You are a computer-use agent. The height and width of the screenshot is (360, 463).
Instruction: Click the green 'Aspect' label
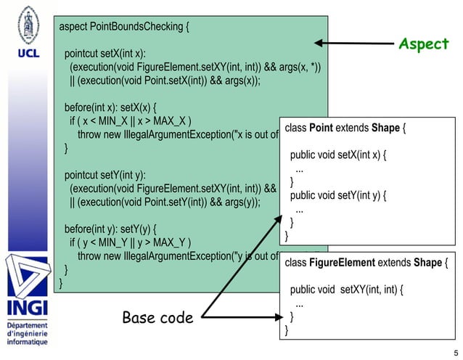(x=424, y=44)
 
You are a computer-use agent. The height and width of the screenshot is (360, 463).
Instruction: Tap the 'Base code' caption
(x=157, y=317)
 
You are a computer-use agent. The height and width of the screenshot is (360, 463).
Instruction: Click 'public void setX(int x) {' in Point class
(x=338, y=155)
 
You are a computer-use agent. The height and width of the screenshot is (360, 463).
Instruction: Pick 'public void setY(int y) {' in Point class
(x=338, y=195)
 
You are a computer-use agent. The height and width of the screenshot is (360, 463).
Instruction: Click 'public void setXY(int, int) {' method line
(x=346, y=290)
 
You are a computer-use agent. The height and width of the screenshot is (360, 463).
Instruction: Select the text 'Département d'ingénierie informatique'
(x=27, y=333)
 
